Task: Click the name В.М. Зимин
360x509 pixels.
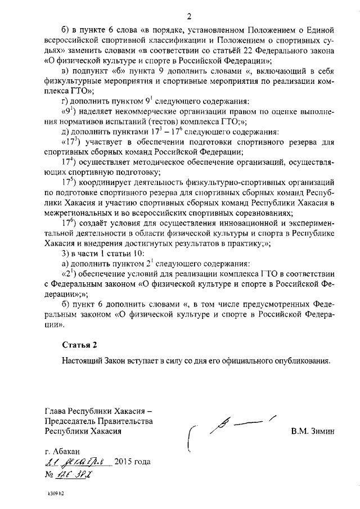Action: [x=313, y=431]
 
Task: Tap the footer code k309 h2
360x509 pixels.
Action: [x=56, y=498]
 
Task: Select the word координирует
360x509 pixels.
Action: [x=106, y=183]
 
